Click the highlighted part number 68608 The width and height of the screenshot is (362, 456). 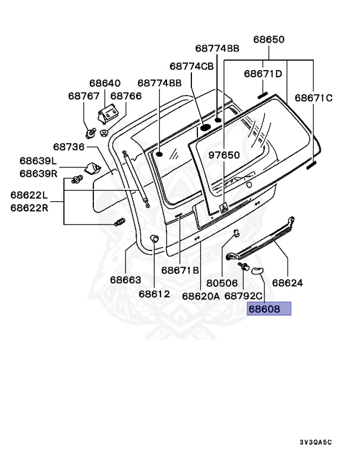(269, 309)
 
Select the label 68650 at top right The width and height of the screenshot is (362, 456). (269, 40)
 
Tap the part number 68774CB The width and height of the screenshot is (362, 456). (191, 66)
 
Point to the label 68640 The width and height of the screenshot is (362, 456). (105, 83)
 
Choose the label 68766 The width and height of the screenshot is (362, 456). (126, 96)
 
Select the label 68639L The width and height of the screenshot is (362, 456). (37, 161)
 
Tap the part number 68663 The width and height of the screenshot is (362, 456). (125, 279)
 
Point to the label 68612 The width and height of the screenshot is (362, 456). (155, 293)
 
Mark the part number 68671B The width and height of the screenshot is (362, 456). (180, 270)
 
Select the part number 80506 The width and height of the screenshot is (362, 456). (222, 283)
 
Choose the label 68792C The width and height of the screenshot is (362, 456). (243, 295)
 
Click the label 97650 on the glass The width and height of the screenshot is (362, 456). (224, 156)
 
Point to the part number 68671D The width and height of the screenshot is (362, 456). (263, 74)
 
